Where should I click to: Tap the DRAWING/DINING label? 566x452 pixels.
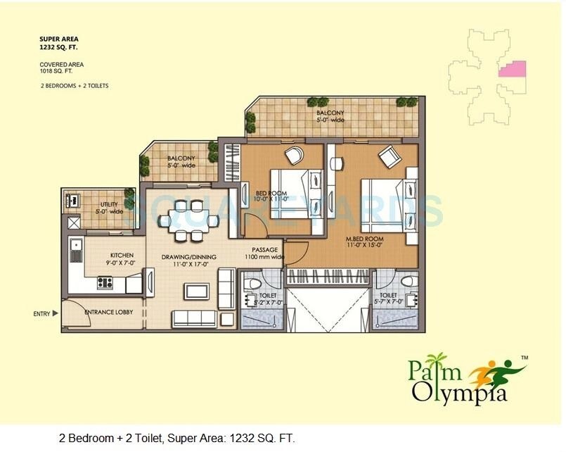(188, 257)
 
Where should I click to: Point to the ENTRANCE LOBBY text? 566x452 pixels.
(109, 311)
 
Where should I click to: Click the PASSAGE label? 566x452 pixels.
(265, 250)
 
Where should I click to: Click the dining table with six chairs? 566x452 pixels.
(188, 220)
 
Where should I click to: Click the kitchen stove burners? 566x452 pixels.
(105, 282)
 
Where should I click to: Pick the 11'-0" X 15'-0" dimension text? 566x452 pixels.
(364, 245)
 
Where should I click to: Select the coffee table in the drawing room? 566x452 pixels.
(196, 291)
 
